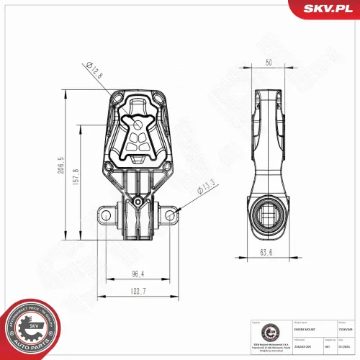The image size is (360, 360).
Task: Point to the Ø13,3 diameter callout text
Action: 207,188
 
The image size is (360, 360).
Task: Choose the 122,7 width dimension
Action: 138,291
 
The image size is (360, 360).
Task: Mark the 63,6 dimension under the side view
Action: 266,252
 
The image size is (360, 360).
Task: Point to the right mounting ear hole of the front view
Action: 171,215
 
